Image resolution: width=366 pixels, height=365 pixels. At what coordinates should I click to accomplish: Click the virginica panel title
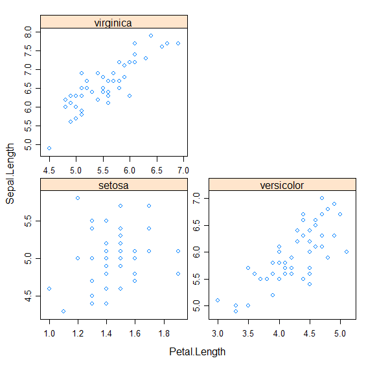pos(113,23)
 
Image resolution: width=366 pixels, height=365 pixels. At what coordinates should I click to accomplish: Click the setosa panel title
pos(113,186)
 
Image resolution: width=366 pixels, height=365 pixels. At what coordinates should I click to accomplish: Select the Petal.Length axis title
pos(197,352)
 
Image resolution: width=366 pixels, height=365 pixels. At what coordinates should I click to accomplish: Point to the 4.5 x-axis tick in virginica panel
pos(49,170)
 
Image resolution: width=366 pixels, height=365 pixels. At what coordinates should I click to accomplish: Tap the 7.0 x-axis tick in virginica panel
pos(183,170)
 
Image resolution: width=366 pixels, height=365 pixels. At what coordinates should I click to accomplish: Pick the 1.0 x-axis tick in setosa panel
pos(49,333)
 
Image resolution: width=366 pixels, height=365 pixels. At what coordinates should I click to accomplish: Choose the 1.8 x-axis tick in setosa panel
pos(163,333)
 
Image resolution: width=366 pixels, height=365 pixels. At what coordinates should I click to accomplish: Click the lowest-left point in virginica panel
pos(49,148)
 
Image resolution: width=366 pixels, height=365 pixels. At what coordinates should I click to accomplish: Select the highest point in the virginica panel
pos(151,36)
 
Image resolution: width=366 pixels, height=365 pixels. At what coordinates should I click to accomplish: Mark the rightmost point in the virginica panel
pos(178,43)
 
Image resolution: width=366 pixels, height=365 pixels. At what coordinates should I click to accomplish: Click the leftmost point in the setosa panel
pos(49,289)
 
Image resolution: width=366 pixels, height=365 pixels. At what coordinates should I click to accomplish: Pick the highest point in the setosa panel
pos(78,198)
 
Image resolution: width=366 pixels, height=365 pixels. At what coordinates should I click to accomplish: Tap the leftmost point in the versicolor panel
pos(218,300)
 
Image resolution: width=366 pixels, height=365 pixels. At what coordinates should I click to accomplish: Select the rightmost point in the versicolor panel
pos(347,252)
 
